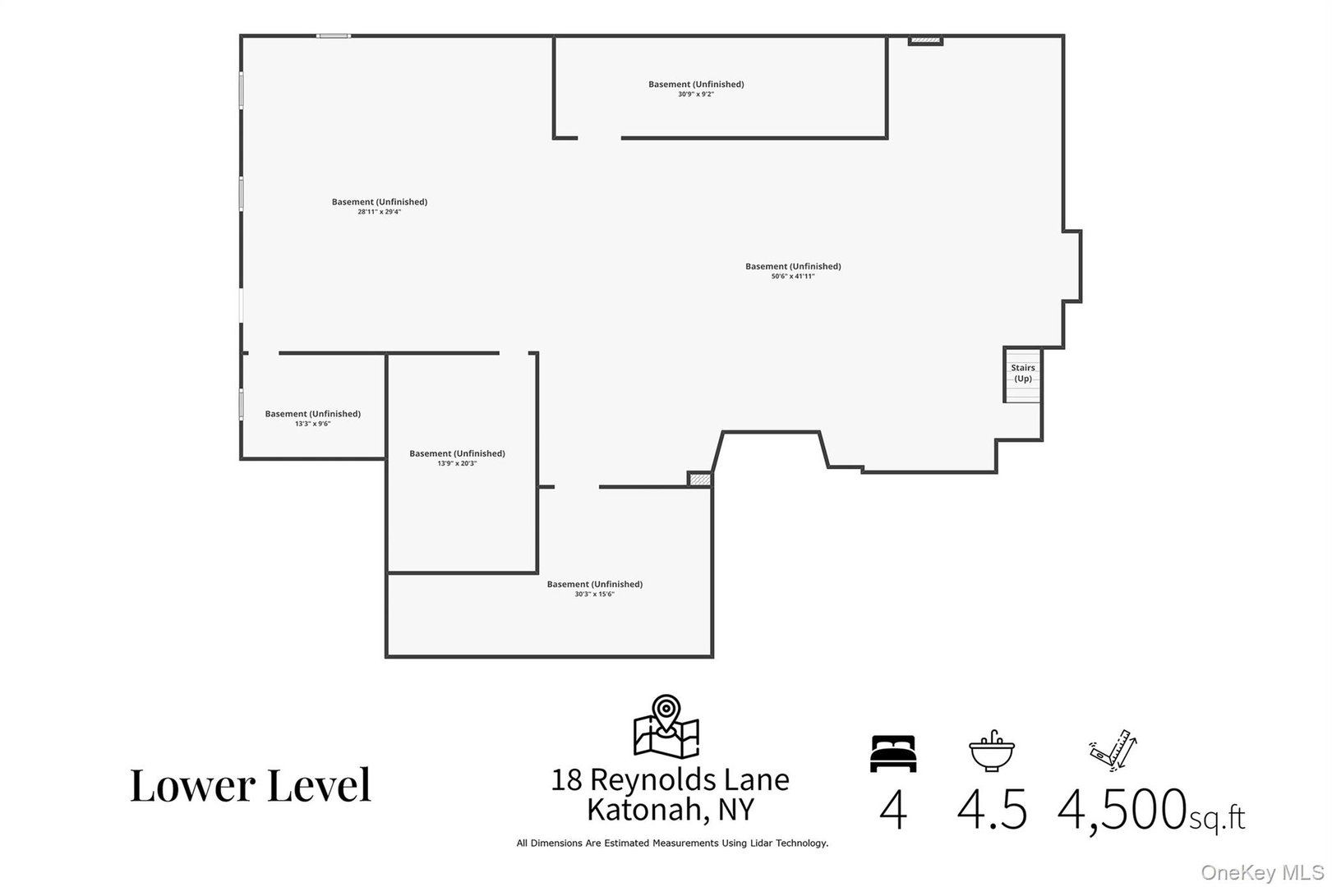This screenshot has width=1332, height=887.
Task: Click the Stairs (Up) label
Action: coord(1022,373)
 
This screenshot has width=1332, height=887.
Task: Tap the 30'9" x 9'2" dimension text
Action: coord(695,94)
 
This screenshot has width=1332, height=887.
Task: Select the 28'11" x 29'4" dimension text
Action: coord(379,212)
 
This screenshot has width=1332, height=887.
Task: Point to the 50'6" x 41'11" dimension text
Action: coord(792,277)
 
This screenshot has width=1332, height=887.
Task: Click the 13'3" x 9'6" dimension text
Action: coord(312,424)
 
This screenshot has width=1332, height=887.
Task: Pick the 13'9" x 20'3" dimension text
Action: coord(457,464)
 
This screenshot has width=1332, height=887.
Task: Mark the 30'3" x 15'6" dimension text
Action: coord(594,595)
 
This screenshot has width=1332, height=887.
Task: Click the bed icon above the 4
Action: coord(892,753)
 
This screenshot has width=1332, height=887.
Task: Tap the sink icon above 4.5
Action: coord(991,751)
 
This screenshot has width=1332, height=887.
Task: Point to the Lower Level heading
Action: coord(251,785)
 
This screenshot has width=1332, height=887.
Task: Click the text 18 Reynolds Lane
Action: coord(670,779)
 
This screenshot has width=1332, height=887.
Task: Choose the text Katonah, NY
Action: coord(670,810)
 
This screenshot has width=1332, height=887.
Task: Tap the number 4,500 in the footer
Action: coord(1121,810)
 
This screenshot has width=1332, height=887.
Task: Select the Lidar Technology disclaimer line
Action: coord(671,843)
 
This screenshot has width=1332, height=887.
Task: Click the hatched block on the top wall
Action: coord(925,40)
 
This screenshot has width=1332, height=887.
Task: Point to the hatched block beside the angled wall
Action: coord(699,479)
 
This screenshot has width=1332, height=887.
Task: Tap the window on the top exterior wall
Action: coord(334,35)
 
